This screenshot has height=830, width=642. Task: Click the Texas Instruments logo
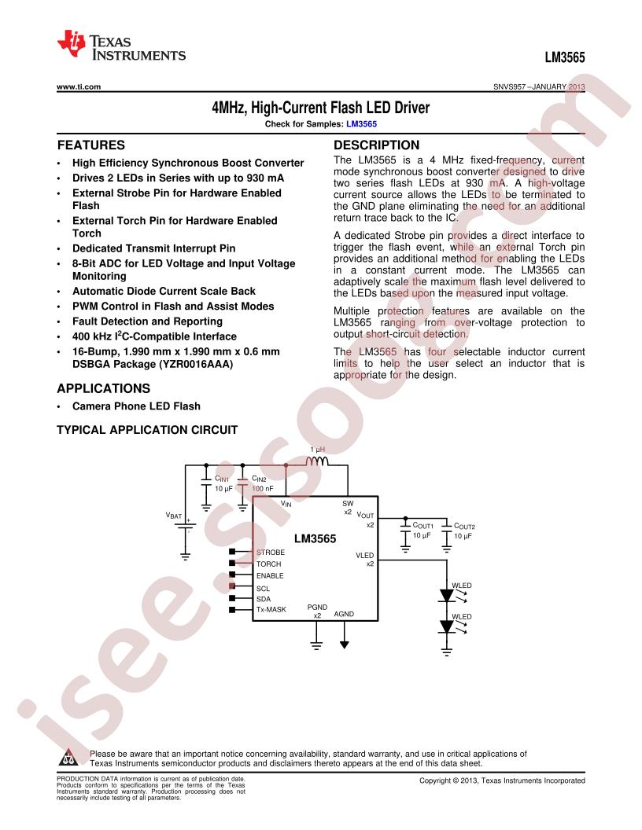[121, 46]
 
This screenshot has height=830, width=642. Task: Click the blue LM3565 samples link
[361, 124]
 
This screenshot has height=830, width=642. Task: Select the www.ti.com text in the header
[79, 86]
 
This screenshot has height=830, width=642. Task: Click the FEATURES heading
[91, 145]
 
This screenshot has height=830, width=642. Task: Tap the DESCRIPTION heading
[376, 145]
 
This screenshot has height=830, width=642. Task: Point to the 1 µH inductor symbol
[317, 461]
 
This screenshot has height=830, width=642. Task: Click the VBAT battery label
[174, 515]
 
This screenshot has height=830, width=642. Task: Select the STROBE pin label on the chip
[270, 552]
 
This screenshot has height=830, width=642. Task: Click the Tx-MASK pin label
[271, 609]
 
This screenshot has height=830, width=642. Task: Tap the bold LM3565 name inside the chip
[315, 538]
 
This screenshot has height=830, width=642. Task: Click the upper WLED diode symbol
[447, 596]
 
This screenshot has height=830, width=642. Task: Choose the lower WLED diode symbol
[447, 627]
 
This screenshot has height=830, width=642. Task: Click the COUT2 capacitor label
[464, 526]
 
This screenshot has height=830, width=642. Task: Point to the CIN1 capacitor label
[221, 479]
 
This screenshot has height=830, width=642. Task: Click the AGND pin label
[344, 614]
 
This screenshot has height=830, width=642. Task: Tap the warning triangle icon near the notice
[69, 758]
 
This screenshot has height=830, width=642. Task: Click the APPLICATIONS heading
[103, 388]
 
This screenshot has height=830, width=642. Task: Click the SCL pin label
[263, 589]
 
